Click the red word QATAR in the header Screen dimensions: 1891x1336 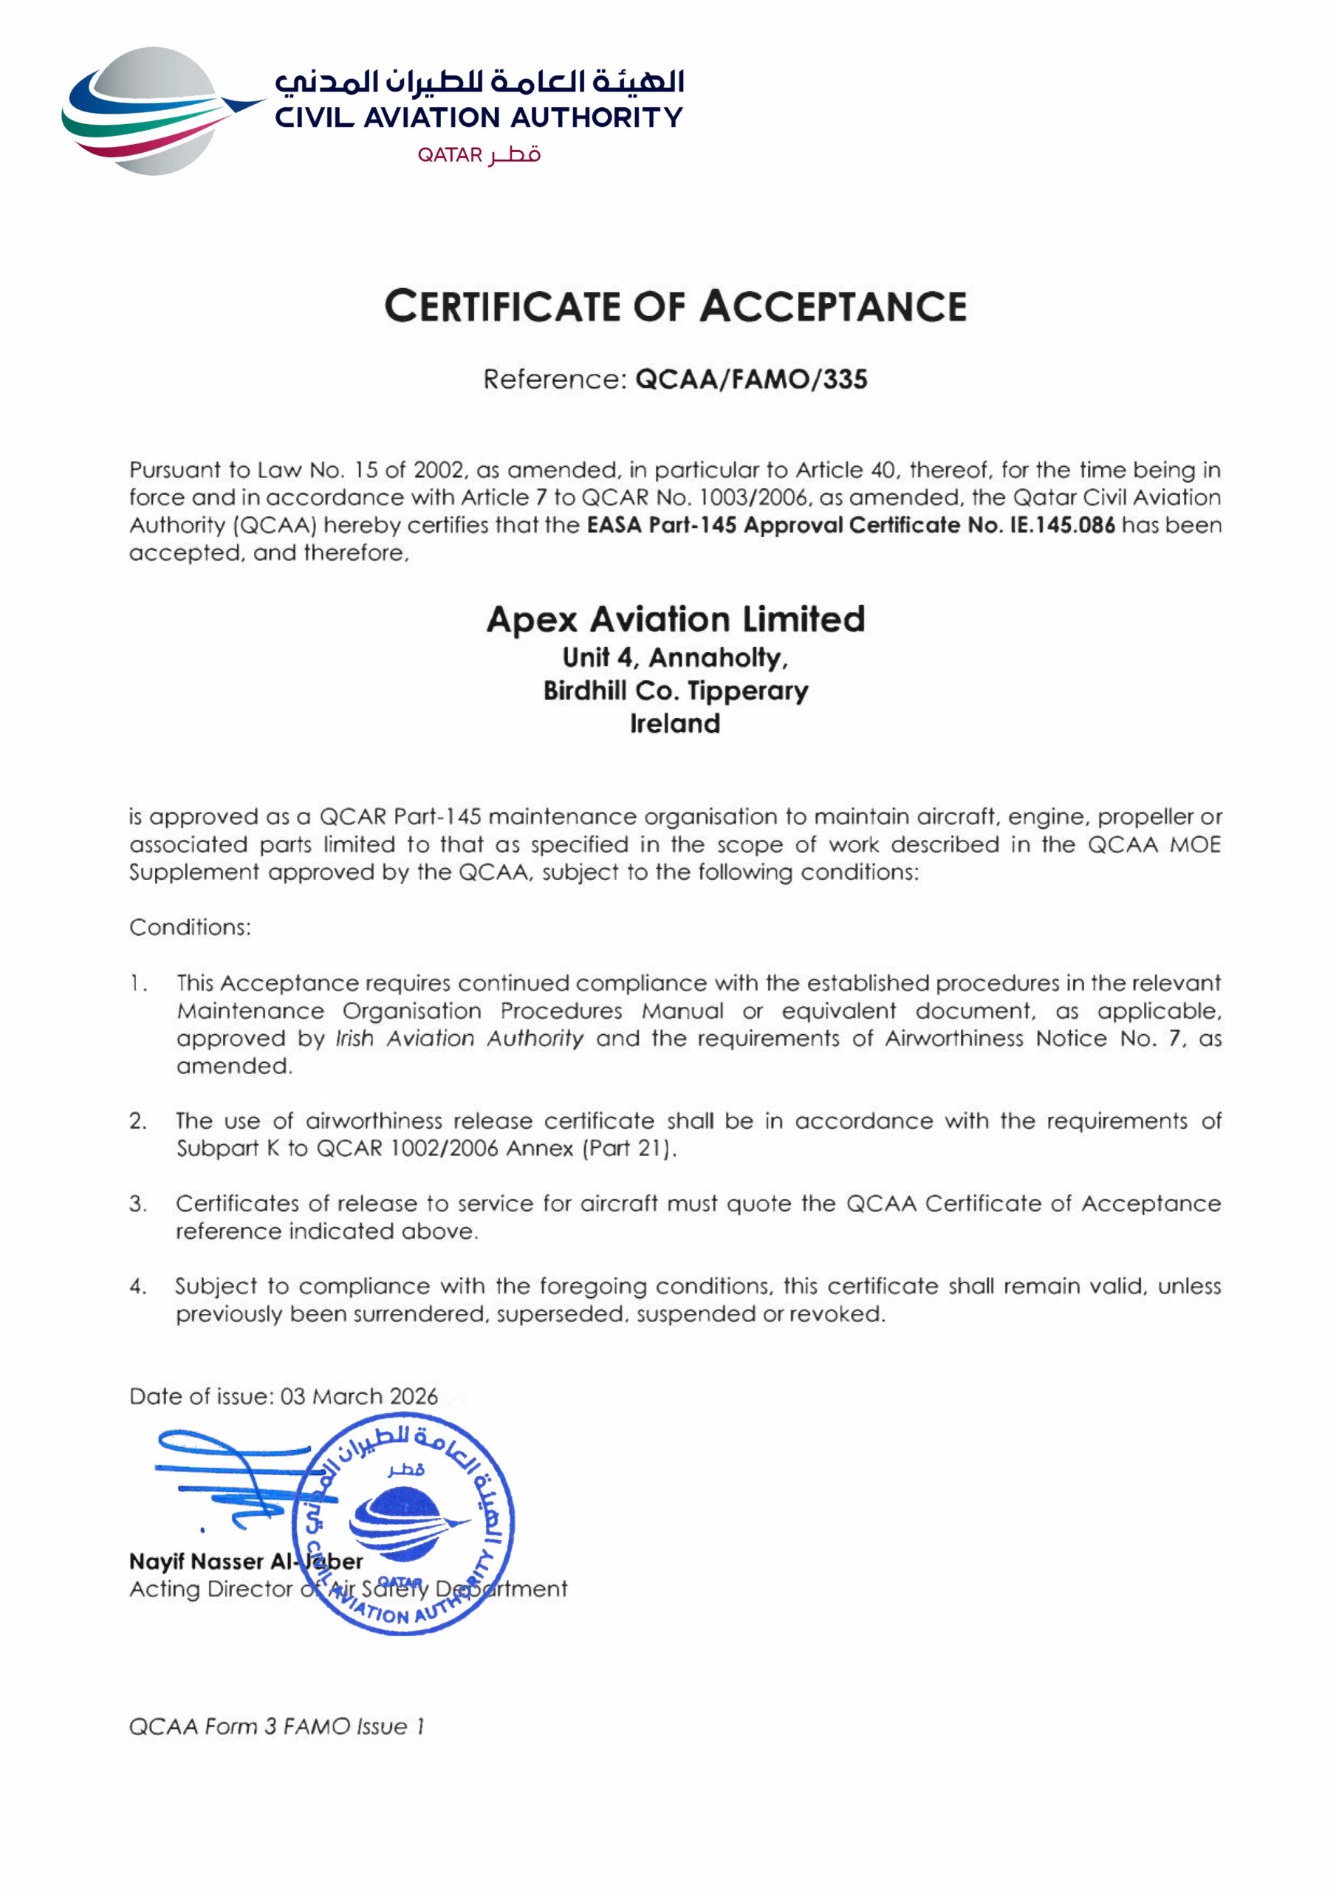click(x=449, y=155)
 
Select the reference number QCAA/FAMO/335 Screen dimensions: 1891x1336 click(x=751, y=380)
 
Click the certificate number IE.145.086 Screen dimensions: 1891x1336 click(x=1062, y=524)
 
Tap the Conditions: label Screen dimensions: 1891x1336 click(x=191, y=927)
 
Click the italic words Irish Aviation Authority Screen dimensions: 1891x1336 click(x=459, y=1039)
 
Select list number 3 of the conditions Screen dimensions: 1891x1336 click(x=137, y=1204)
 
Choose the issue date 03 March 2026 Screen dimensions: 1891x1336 click(x=359, y=1396)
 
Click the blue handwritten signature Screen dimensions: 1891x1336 click(x=239, y=1478)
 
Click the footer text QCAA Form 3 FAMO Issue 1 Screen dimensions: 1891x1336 click(x=277, y=1726)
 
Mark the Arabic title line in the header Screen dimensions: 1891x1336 click(x=479, y=81)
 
